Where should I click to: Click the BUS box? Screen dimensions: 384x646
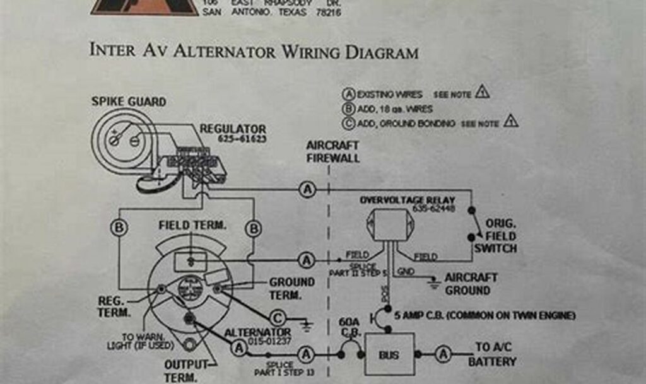389,355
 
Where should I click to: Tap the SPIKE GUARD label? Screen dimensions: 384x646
129,102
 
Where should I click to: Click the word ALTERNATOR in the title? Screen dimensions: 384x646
225,51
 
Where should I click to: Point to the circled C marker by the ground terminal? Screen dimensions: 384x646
278,317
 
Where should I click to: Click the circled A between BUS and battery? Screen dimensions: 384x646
443,355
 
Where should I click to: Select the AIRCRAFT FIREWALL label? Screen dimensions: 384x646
333,151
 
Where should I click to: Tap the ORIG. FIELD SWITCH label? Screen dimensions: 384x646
495,236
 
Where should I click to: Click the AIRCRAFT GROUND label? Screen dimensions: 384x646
471,284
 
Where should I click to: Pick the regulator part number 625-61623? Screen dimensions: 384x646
242,139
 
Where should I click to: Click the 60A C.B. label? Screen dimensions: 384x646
349,327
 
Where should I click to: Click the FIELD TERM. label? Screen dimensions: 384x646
192,225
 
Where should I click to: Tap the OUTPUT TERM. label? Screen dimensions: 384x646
187,371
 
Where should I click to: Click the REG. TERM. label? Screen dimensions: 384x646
114,306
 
